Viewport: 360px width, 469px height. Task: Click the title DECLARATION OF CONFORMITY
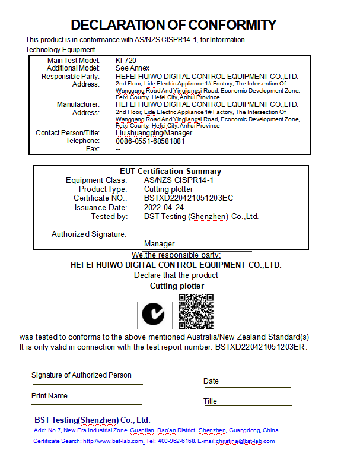coord(173,25)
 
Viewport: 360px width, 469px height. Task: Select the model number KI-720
coord(126,61)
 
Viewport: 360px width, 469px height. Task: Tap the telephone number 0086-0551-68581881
coord(150,141)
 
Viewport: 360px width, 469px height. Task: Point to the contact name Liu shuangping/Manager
coord(154,133)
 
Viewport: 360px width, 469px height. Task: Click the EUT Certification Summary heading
coord(170,172)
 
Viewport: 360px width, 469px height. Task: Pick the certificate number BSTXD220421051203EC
coord(189,198)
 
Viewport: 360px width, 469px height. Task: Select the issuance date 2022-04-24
coord(164,207)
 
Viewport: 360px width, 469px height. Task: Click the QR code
coord(196,311)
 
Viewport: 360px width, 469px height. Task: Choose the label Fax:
coord(93,149)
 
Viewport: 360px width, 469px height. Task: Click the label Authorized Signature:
coord(89,234)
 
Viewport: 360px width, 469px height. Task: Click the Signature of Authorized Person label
coord(81,375)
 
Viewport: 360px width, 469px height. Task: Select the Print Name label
coord(49,396)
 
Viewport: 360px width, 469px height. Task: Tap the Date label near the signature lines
coord(211,381)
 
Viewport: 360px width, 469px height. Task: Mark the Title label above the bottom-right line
coord(210,401)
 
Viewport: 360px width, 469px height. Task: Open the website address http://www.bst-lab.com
coord(113,441)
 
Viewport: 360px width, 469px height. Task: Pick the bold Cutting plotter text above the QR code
coord(177,286)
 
